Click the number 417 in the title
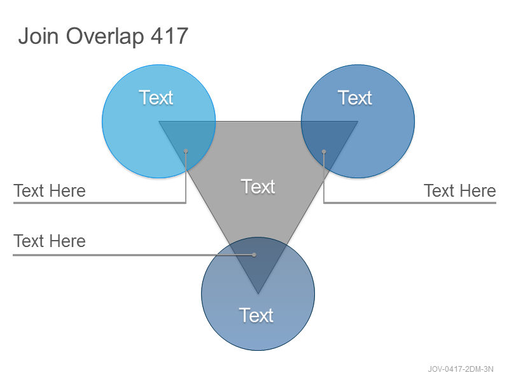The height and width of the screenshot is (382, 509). coord(169,36)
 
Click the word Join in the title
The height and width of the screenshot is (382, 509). coord(38,36)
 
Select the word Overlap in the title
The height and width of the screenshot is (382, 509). coord(105,36)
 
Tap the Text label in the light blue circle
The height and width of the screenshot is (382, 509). coord(156,97)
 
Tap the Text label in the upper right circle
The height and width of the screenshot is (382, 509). coord(355,97)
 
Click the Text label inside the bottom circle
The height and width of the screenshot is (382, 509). coord(256,315)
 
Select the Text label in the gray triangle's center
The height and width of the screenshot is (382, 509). coord(258,187)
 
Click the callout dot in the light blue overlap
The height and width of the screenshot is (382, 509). coord(186,151)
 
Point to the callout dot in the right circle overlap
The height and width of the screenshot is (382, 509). coord(324,152)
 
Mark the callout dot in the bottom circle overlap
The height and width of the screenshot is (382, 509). coord(254,255)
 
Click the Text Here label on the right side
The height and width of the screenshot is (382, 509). coord(460,190)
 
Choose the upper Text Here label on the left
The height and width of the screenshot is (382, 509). coord(50,190)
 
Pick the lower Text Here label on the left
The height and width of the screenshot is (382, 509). coord(50,241)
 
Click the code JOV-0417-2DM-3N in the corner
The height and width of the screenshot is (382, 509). coord(461,369)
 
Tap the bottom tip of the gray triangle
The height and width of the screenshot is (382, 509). coord(258,294)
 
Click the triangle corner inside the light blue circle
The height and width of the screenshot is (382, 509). coord(159,122)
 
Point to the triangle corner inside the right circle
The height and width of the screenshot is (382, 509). coord(358,122)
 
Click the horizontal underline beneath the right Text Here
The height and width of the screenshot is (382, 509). coord(410,203)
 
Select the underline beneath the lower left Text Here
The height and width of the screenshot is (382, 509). coord(133,255)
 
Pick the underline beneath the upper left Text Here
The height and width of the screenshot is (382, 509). coord(99,203)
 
